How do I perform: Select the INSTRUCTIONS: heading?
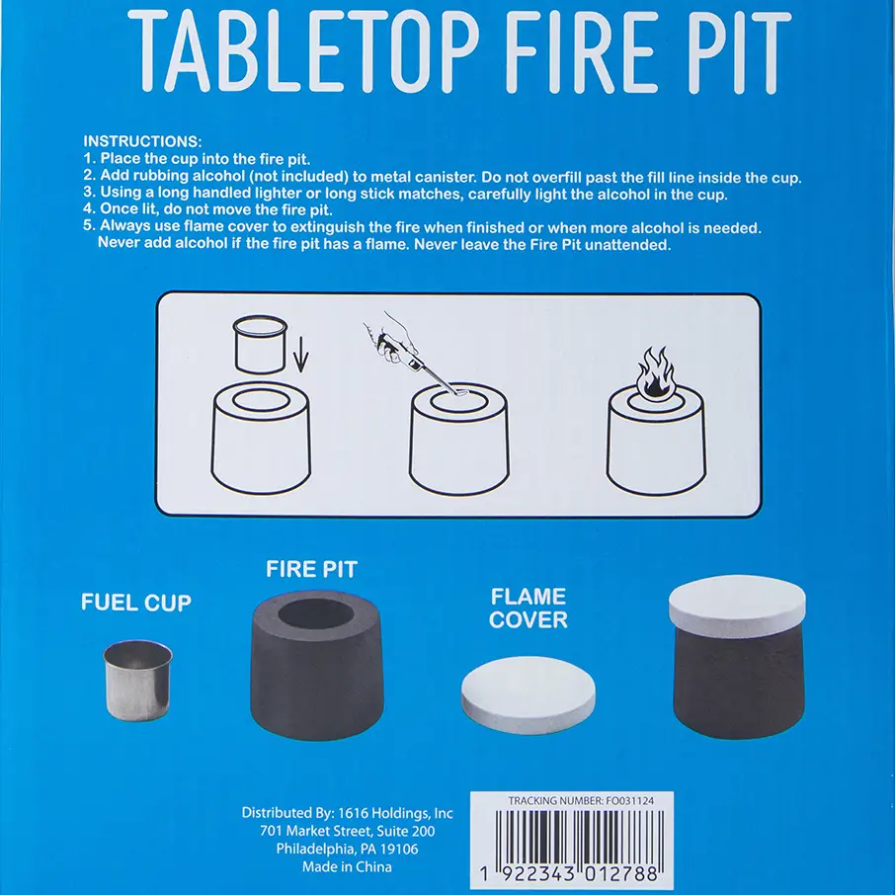point(142,141)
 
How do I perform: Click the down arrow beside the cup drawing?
point(301,360)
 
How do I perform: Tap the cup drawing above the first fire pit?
point(260,344)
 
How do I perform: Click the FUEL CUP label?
point(136,603)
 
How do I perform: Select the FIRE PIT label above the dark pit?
point(311,569)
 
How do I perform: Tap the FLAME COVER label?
point(528,608)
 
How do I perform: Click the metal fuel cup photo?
point(137,680)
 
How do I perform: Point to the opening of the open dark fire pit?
point(316,614)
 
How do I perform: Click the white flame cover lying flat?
point(528,694)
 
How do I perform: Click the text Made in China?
point(347,867)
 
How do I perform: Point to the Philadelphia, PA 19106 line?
point(347,849)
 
